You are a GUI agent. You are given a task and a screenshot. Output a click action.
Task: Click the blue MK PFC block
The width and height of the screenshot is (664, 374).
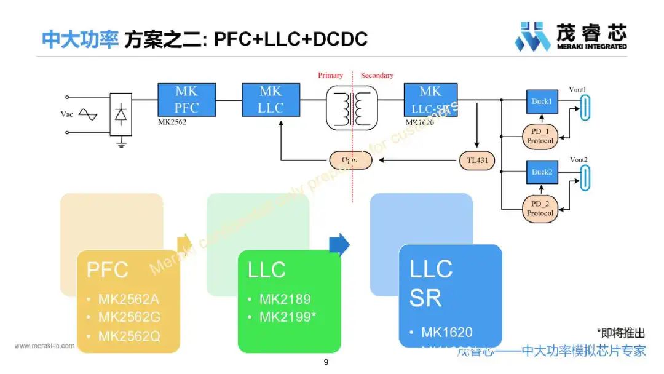pos(187,100)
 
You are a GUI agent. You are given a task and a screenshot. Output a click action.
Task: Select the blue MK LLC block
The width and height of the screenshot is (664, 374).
pos(271,100)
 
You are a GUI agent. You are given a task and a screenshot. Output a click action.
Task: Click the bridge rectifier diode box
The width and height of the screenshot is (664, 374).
pos(121,114)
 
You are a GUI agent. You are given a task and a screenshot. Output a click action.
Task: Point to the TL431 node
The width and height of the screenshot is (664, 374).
pos(476,161)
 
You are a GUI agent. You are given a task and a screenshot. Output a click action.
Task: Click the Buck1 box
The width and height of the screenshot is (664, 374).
pos(542,101)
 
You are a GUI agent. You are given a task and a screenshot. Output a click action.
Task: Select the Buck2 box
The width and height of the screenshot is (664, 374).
pos(542,172)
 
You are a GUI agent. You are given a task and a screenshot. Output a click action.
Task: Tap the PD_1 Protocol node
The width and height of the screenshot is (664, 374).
pos(540,136)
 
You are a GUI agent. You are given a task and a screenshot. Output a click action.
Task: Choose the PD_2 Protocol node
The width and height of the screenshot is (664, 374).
pos(540,208)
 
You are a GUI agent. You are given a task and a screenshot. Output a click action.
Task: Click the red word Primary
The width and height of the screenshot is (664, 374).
pos(330,76)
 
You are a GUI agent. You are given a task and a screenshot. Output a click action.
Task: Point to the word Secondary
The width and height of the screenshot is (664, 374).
pos(377,76)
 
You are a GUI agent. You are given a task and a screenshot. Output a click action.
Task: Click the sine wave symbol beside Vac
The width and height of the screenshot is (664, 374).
pos(87,114)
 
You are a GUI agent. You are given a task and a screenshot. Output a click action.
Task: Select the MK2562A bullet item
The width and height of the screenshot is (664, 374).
pos(128,300)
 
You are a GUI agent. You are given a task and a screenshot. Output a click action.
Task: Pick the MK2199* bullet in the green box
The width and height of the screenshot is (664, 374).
pos(289,317)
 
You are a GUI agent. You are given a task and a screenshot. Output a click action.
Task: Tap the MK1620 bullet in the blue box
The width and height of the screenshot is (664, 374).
pos(446,333)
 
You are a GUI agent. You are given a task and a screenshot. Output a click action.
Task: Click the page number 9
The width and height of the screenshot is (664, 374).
pos(326,362)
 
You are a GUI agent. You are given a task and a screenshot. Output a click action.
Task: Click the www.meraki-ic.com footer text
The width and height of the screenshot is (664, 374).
pos(44,346)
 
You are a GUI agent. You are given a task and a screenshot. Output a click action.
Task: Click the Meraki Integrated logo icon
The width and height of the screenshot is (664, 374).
pos(532,36)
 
